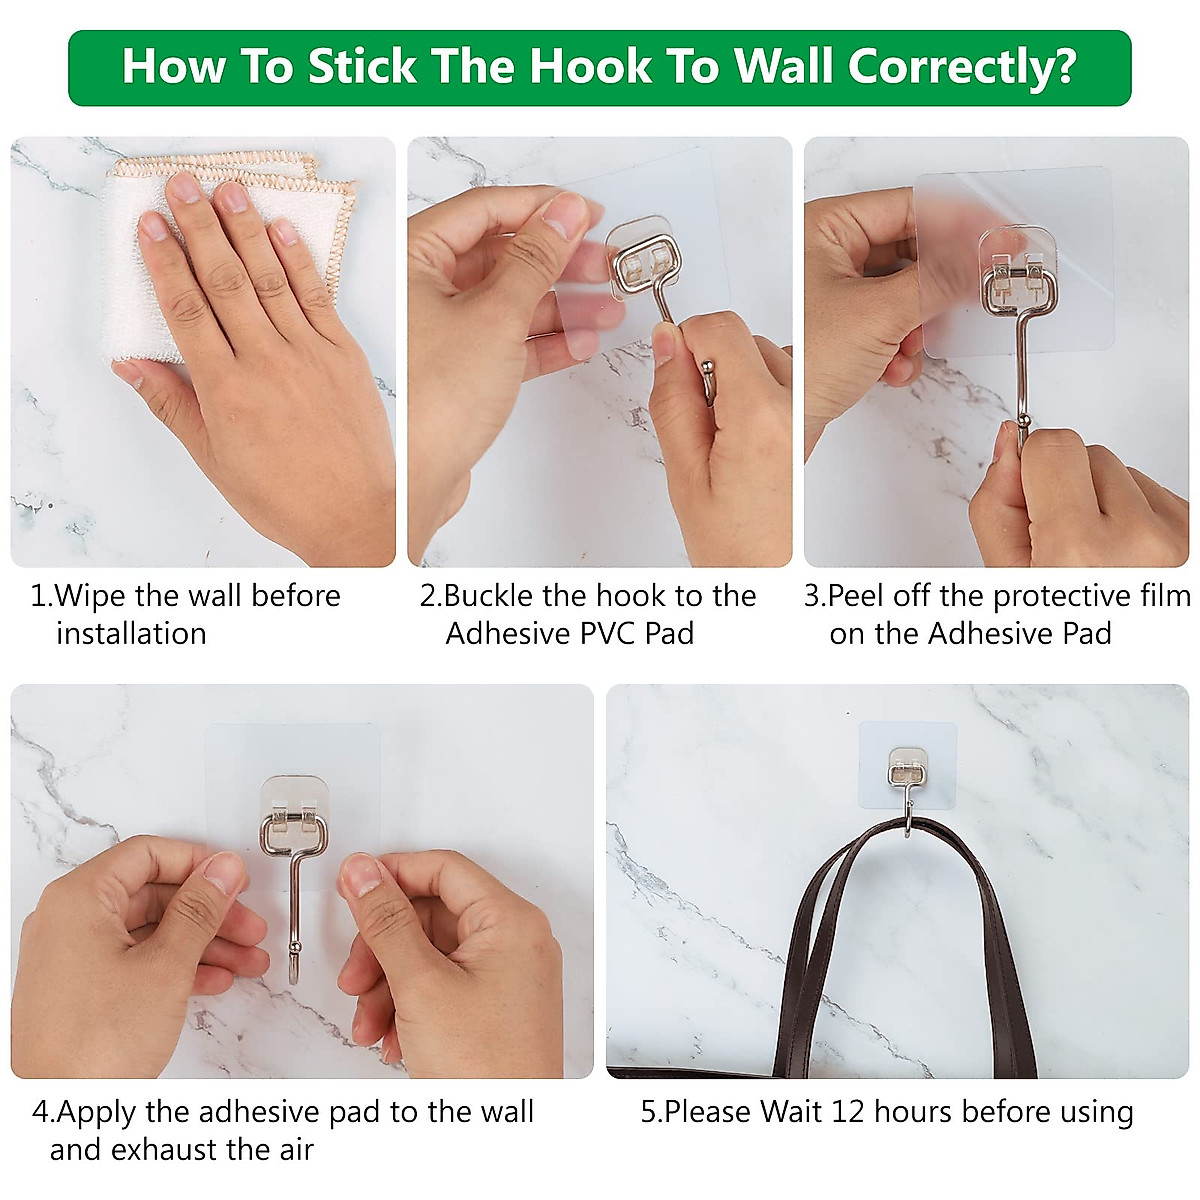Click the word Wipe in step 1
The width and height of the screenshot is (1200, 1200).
pyautogui.click(x=92, y=596)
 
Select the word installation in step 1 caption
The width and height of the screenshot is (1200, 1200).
pyautogui.click(x=131, y=634)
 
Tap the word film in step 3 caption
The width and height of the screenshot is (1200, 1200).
pyautogui.click(x=1164, y=596)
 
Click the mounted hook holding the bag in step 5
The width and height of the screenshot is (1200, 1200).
pyautogui.click(x=906, y=790)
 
